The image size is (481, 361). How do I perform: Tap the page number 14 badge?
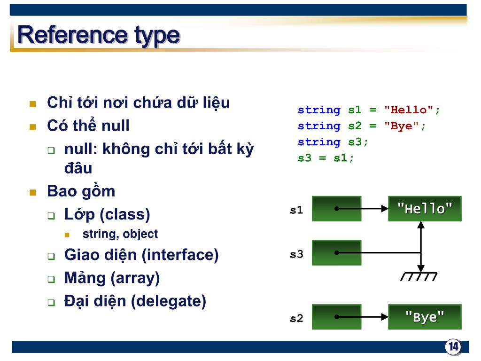point(453,347)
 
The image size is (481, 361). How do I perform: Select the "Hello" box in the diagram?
point(425,209)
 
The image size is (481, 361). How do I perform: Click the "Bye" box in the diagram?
point(425,317)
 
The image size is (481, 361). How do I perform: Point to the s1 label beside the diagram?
point(296,210)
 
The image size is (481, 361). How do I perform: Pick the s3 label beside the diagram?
point(296,254)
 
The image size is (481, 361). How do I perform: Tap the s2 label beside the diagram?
point(296,318)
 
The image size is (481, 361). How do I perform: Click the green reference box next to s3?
point(336,252)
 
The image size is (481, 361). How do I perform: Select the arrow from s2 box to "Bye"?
point(362,317)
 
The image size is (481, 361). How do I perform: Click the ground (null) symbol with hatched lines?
point(419,276)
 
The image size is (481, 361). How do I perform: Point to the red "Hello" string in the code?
point(409,110)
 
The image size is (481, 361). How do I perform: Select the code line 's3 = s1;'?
point(326,158)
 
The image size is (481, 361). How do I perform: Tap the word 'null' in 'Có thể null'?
point(116,126)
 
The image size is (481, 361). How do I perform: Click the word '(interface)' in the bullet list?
point(180,255)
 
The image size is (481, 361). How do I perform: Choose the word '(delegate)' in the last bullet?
point(169,301)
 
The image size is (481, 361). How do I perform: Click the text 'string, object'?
point(120,234)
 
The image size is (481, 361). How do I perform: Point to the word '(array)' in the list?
point(135,278)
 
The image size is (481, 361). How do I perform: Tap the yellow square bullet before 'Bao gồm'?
point(33,192)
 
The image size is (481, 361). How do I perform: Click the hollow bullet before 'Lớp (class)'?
point(51,215)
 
